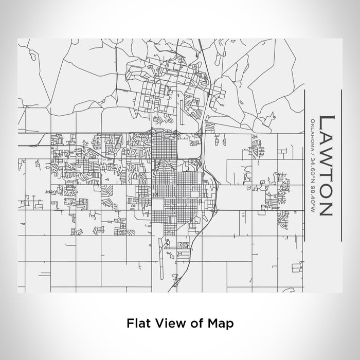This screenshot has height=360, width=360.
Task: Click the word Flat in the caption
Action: click(x=136, y=323)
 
